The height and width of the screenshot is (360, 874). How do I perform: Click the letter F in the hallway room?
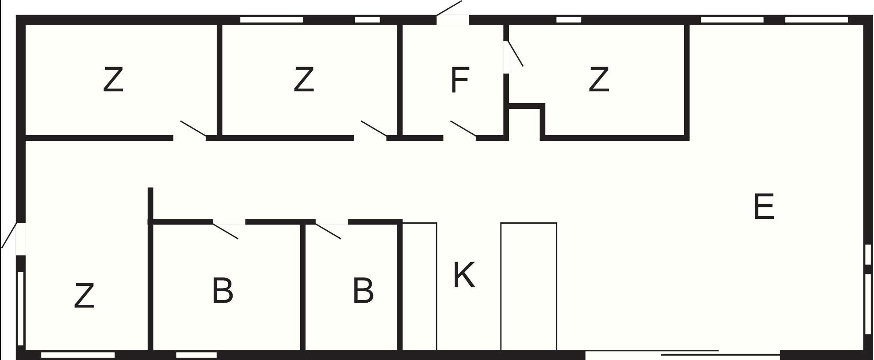click(460, 80)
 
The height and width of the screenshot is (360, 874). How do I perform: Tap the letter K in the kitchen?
click(464, 275)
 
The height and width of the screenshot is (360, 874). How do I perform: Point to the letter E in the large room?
click(764, 206)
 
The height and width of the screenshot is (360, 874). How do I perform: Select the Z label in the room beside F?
click(599, 79)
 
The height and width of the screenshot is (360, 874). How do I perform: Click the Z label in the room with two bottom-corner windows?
click(84, 296)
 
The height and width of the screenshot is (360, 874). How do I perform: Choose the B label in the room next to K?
click(363, 291)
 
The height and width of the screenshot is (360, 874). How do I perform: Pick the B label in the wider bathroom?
click(222, 291)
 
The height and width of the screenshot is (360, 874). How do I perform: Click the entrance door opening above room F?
click(452, 19)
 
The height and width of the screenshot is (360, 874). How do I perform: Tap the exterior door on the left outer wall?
click(20, 239)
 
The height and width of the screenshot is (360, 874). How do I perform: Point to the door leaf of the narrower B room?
click(328, 231)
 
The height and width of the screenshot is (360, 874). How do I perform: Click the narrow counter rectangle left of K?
click(419, 286)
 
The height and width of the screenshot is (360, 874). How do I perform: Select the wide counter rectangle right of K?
click(528, 286)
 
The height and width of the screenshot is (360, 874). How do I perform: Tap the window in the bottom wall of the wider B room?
click(196, 355)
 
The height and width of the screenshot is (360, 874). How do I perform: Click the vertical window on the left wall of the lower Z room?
click(20, 308)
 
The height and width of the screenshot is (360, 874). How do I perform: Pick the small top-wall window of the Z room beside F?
click(569, 20)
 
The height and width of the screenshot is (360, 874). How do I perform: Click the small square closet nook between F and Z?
click(525, 123)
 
